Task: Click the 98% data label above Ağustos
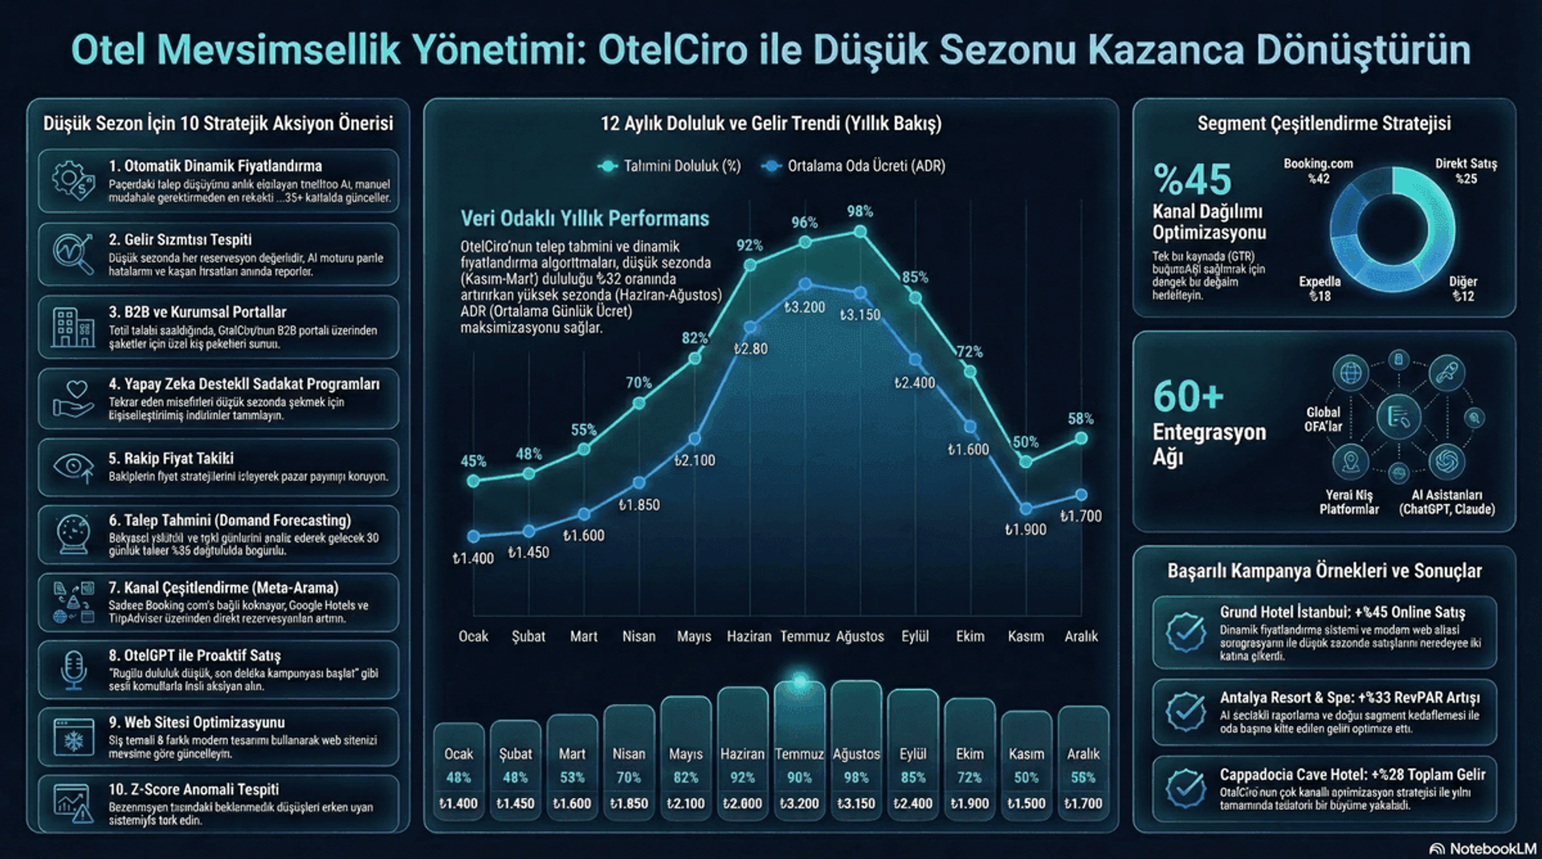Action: point(859,211)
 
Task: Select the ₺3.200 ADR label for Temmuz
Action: point(804,307)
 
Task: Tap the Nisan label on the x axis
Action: point(638,636)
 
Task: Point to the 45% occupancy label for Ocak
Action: point(473,461)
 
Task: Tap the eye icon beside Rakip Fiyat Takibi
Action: point(73,466)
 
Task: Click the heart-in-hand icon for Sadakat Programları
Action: point(73,399)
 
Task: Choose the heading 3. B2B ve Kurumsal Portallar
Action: point(197,311)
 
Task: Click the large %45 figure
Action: point(1192,179)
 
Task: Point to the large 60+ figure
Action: point(1188,396)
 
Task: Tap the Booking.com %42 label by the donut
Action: point(1318,171)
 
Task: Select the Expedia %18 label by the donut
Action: point(1320,288)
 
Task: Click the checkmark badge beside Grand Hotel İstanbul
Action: point(1185,632)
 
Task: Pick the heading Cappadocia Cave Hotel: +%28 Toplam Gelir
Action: point(1352,774)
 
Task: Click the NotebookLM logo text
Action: point(1491,849)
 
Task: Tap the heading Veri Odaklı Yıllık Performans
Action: point(584,218)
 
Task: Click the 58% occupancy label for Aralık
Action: point(1080,418)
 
